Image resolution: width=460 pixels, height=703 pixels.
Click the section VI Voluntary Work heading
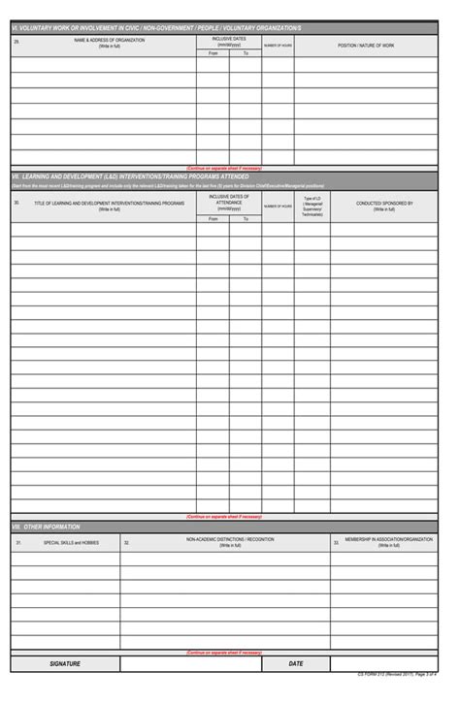pyautogui.click(x=156, y=30)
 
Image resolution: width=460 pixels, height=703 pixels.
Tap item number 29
pyautogui.click(x=16, y=42)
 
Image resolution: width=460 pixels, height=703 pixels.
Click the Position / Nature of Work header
pyautogui.click(x=366, y=45)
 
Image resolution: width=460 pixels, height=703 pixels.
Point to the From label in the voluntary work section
pyautogui.click(x=214, y=52)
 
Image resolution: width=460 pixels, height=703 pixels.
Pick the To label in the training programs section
pyautogui.click(x=246, y=219)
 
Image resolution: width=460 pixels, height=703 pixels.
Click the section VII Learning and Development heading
pyautogui.click(x=131, y=176)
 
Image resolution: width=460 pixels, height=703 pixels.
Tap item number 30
pyautogui.click(x=16, y=204)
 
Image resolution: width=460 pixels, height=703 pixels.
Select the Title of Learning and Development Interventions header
pyautogui.click(x=109, y=205)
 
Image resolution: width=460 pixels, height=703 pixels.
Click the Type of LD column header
pyautogui.click(x=312, y=205)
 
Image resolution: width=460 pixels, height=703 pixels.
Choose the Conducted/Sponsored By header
pyautogui.click(x=384, y=205)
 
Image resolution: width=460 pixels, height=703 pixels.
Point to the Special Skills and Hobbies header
pyautogui.click(x=71, y=542)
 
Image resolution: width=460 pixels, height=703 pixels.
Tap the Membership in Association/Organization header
pyautogui.click(x=388, y=541)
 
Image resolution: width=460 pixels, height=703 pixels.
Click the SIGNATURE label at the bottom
pyautogui.click(x=65, y=664)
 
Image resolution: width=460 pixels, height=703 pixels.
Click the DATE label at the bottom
pyautogui.click(x=296, y=664)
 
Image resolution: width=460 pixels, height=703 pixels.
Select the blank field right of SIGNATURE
pyautogui.click(x=190, y=664)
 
